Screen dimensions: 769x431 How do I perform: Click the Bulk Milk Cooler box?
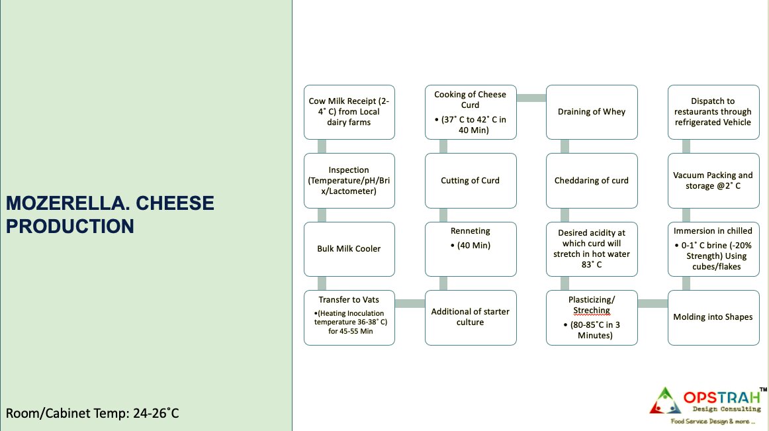(349, 249)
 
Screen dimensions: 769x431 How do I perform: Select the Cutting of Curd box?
(471, 181)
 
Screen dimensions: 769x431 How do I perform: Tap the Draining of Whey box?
(592, 112)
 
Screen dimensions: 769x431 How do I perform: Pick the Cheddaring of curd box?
(592, 181)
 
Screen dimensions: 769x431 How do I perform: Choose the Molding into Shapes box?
(713, 317)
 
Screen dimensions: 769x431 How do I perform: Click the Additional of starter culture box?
(471, 317)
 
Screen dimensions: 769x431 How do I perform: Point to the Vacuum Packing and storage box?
(713, 181)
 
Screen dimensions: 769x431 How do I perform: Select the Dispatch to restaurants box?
(713, 112)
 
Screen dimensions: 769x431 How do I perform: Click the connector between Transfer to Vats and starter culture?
(410, 304)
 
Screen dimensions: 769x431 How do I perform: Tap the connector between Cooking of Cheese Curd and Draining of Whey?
(531, 98)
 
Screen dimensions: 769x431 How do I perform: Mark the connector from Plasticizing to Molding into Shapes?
(653, 304)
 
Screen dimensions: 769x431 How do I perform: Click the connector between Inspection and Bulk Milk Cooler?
(322, 215)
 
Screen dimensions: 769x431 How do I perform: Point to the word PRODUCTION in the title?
(70, 226)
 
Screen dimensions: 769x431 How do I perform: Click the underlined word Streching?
(592, 311)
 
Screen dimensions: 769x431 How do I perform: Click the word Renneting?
(471, 230)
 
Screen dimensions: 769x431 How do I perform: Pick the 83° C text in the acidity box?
(592, 265)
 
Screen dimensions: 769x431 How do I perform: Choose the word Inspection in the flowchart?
(349, 170)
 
